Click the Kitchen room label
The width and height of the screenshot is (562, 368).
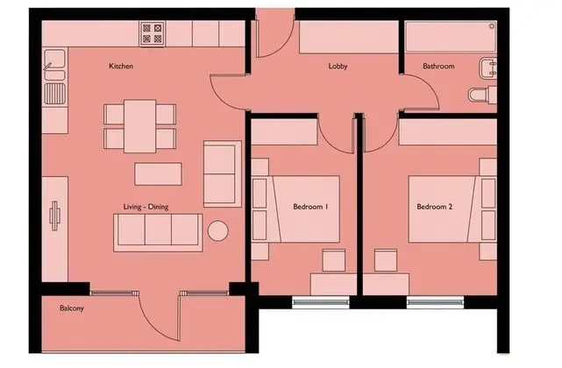point(121,66)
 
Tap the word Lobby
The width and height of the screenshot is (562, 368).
point(338,67)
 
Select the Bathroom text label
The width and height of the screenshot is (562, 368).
point(438,66)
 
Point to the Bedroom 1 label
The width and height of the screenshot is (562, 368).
point(310,207)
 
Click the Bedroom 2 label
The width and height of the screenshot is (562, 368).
point(434,207)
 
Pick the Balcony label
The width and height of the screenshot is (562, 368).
point(72,308)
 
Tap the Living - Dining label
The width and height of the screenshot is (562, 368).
point(146,207)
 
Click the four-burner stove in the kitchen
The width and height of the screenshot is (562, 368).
point(153,33)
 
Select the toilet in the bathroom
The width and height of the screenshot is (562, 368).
point(483,95)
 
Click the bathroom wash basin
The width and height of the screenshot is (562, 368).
point(487,68)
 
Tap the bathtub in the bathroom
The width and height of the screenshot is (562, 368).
point(451,37)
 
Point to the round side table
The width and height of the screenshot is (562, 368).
point(218,230)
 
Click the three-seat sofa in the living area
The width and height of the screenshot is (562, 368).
point(158,232)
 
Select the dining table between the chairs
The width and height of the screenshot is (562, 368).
point(140,126)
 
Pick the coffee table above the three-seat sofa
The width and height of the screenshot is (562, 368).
point(158,174)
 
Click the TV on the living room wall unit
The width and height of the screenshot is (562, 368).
point(54,216)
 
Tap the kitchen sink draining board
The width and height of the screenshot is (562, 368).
point(54,94)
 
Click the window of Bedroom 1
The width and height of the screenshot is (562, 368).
point(321,303)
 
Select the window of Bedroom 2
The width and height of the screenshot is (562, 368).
point(435,303)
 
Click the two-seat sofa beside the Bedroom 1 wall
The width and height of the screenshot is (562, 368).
point(222,174)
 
